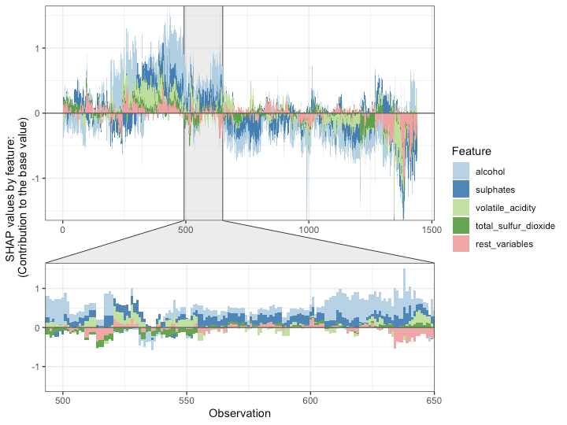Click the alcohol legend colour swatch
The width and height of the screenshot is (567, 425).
pos(461,171)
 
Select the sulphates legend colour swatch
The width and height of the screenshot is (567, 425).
pos(461,189)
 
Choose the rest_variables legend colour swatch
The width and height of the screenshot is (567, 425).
pos(461,244)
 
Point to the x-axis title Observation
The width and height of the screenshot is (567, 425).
pos(239,413)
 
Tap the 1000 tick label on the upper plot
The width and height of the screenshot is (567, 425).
pos(309,231)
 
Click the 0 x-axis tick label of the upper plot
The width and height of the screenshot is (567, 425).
pos(63,231)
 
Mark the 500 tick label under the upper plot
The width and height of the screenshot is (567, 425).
pos(186,231)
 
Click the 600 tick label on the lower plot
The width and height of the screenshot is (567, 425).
pos(310,400)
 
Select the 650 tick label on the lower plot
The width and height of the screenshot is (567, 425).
pos(433,400)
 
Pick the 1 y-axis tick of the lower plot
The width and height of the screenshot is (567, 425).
pos(37,289)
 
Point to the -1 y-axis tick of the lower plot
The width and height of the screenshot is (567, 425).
pos(35,367)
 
